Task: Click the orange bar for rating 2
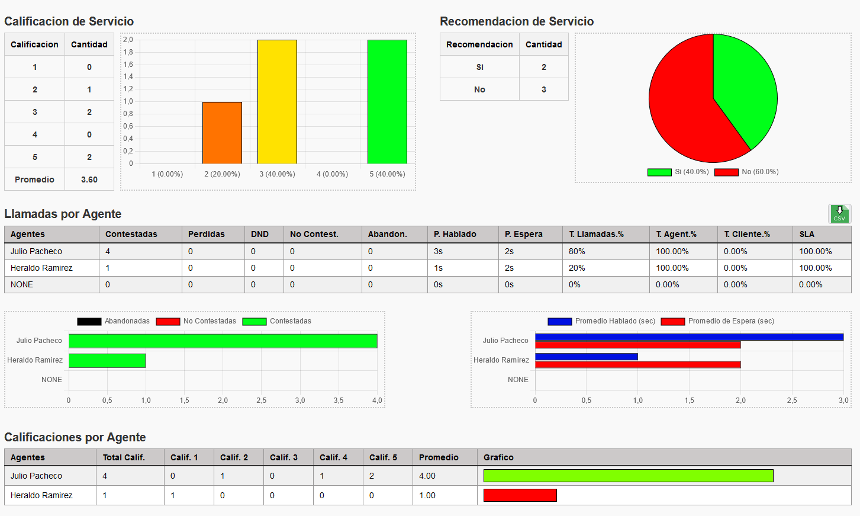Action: (x=222, y=133)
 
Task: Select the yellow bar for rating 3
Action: (x=277, y=101)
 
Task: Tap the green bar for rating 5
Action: (x=387, y=101)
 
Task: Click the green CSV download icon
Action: (x=839, y=214)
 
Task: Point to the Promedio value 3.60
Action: (x=89, y=180)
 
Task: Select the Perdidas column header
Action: (x=207, y=234)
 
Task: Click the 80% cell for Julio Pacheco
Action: (x=577, y=251)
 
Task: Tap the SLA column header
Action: (x=807, y=234)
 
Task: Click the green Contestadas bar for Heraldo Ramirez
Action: (x=107, y=360)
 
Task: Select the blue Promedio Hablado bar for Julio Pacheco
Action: (x=689, y=337)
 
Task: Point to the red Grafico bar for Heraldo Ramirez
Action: (x=520, y=495)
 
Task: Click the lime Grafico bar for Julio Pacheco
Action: (x=628, y=476)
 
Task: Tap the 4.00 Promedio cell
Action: (x=427, y=476)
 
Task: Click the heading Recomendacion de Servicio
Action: (x=517, y=21)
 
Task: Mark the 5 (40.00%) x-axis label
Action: (x=387, y=174)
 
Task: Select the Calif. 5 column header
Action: (x=383, y=457)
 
